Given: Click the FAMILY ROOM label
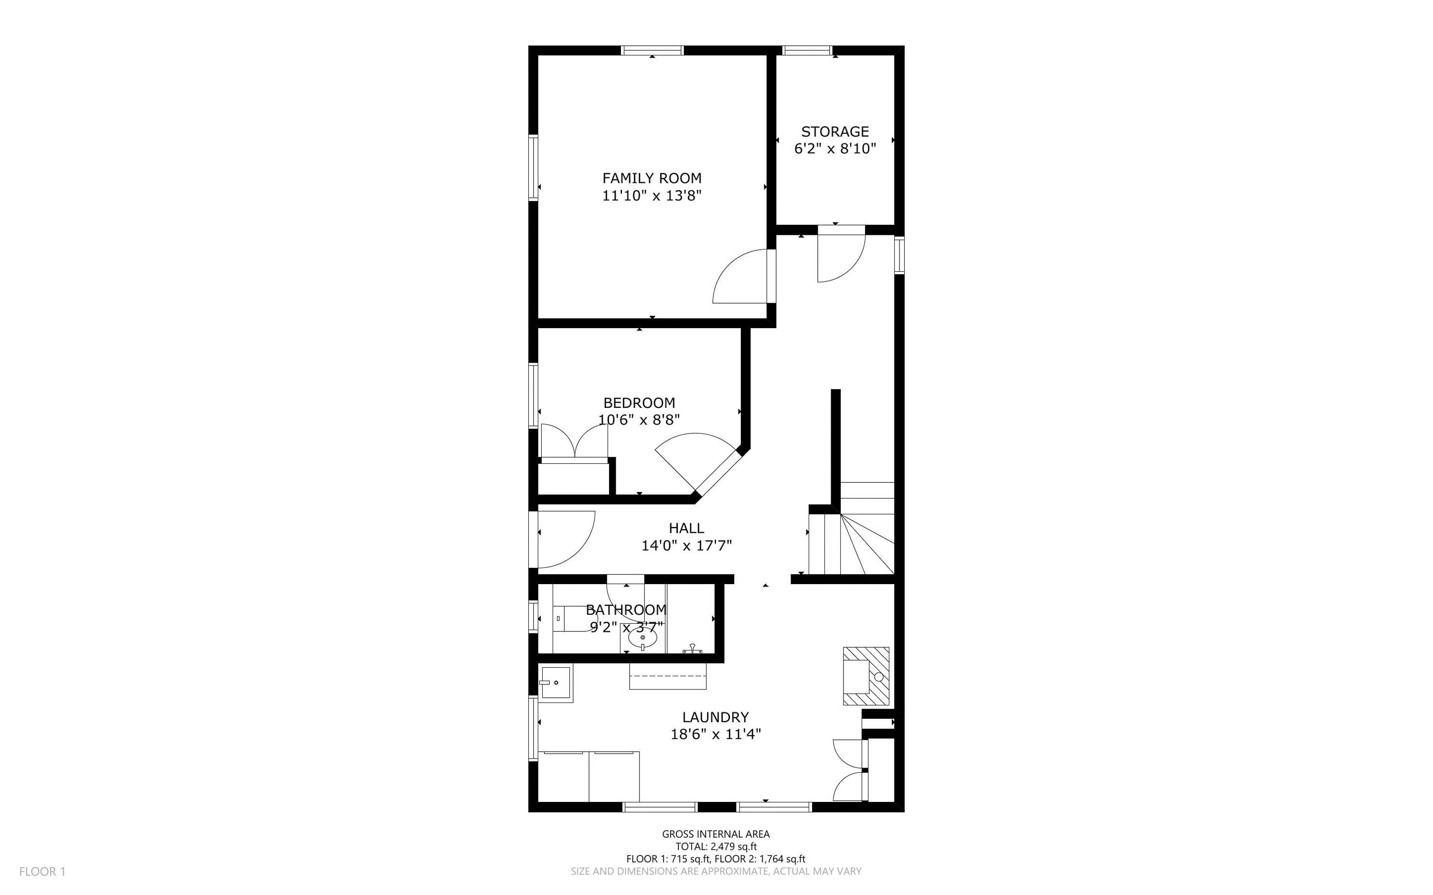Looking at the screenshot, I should (x=652, y=178).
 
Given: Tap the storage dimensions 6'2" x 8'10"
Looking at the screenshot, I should (x=834, y=149).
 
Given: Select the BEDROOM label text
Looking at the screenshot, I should (x=639, y=403).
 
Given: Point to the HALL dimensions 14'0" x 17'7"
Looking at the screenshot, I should (x=686, y=545).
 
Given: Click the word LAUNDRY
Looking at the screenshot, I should (x=715, y=717).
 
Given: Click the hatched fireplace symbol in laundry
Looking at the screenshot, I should (x=866, y=676).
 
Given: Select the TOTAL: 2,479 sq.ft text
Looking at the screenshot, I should (x=716, y=846).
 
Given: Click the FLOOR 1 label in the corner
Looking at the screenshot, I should (x=42, y=871).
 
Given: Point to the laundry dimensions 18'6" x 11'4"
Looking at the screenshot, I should (x=715, y=735).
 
